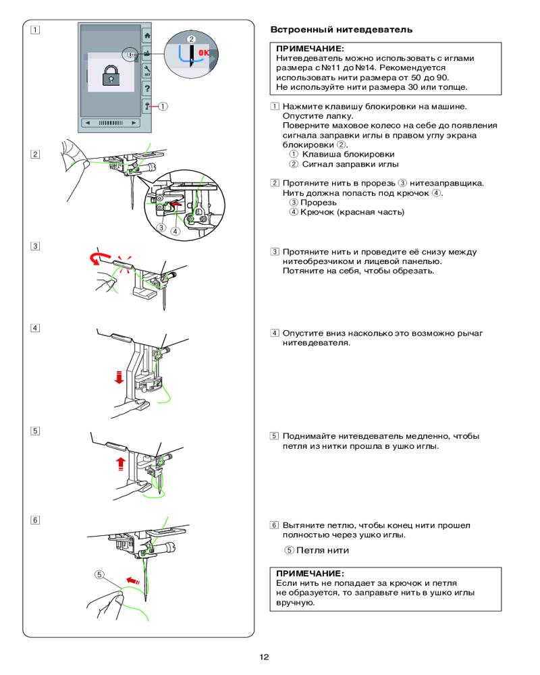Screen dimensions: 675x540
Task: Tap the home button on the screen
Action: [x=148, y=36]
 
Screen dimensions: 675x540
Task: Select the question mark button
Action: [x=148, y=88]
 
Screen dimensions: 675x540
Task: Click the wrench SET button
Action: [x=148, y=70]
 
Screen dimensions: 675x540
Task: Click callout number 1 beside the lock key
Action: [x=164, y=105]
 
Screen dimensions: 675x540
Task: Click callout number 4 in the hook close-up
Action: [x=175, y=230]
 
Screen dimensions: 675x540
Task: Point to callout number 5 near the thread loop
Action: [x=99, y=575]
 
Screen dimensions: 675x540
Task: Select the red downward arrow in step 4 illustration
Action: [x=119, y=376]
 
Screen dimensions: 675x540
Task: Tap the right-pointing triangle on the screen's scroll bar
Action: [x=134, y=123]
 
